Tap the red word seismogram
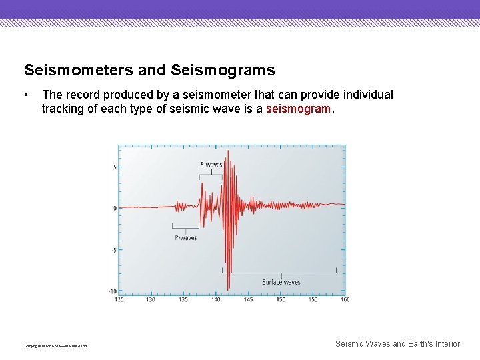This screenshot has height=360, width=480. (298, 108)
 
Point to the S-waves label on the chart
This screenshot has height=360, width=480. (211, 165)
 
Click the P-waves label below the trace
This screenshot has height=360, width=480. (186, 238)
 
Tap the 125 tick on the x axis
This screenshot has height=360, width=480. (119, 299)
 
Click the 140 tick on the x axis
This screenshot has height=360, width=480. (216, 299)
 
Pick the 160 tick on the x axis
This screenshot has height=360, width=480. (345, 299)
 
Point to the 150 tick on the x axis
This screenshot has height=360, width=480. (281, 299)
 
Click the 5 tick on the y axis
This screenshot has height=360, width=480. (114, 167)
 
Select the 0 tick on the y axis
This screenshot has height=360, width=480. (114, 208)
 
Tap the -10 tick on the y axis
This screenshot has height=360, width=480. (112, 291)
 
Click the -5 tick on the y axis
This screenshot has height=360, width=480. (113, 250)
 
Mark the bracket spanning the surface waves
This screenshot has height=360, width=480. (279, 272)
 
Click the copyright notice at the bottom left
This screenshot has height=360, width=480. (55, 345)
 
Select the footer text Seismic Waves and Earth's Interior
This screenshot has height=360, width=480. (397, 344)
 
